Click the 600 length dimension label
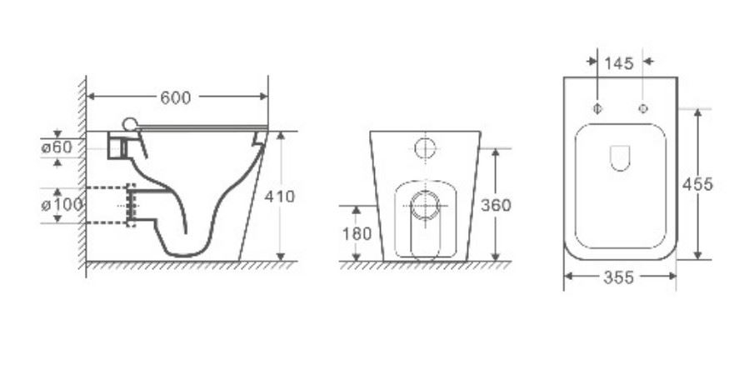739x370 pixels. click(175, 97)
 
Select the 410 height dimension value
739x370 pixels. click(279, 196)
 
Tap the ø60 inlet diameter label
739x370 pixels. click(57, 147)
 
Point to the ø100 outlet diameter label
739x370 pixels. click(62, 205)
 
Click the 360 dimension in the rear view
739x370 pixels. click(496, 205)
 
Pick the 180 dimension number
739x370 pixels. click(357, 233)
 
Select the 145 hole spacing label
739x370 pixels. click(619, 63)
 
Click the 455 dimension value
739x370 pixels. click(697, 184)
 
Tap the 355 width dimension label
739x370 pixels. click(619, 277)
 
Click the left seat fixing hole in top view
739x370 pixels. click(597, 109)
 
